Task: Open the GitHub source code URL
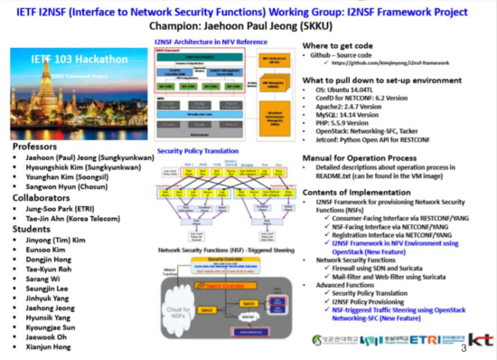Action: click(x=389, y=64)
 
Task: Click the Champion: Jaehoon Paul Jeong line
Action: click(x=247, y=27)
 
